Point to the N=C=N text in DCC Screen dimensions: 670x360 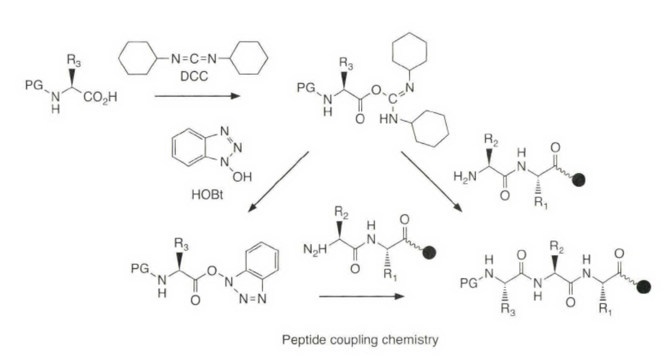[193, 58]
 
